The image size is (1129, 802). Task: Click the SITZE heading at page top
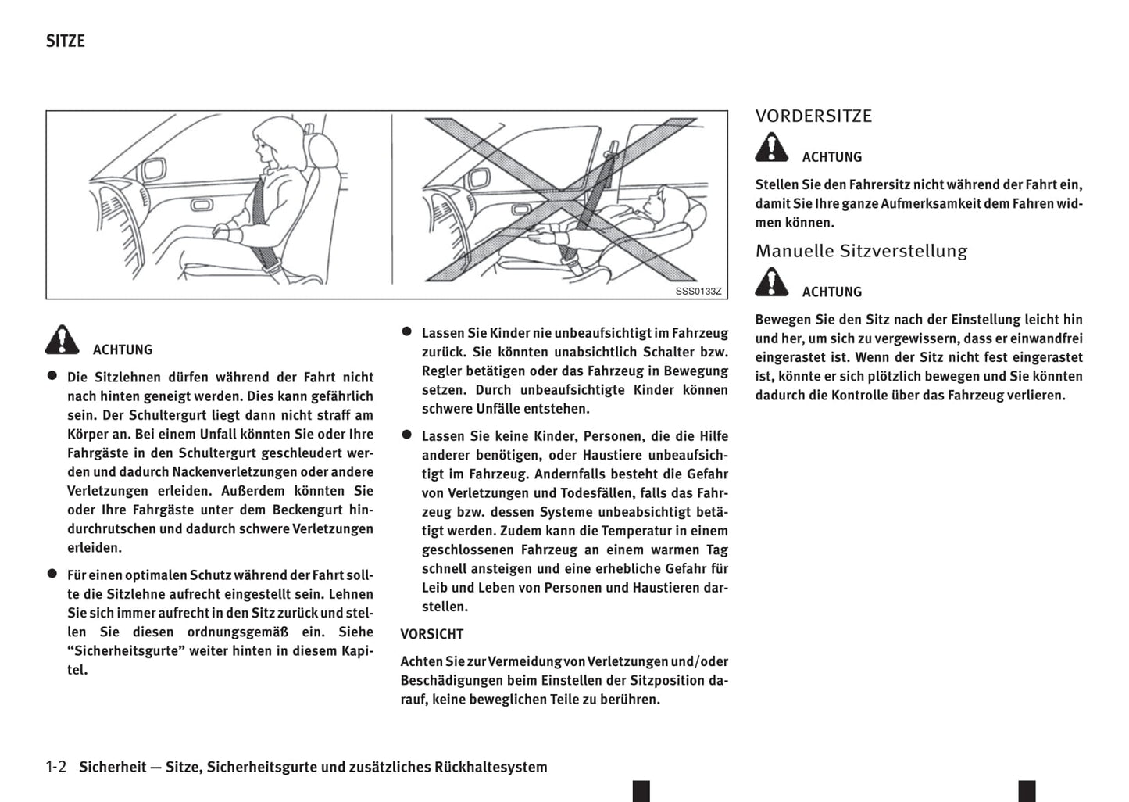(x=65, y=41)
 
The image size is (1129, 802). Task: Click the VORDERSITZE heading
(x=813, y=116)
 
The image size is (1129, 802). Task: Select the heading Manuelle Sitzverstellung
(x=861, y=251)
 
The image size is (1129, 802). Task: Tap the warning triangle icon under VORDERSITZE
(x=772, y=148)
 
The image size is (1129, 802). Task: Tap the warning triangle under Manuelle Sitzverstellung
(x=772, y=282)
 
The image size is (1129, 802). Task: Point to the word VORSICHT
(x=432, y=634)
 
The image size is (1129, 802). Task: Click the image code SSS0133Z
(x=698, y=292)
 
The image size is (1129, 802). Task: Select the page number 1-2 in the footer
(x=56, y=767)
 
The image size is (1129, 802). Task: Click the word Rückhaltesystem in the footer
(x=491, y=767)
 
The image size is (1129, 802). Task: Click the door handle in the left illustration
(x=201, y=205)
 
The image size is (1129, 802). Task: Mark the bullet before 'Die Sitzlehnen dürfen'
(x=52, y=376)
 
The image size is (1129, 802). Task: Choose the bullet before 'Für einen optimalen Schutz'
(x=52, y=574)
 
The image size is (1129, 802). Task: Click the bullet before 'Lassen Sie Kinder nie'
(x=406, y=331)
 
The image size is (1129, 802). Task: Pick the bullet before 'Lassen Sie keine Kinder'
(x=406, y=435)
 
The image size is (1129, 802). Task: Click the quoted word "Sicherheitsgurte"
(x=125, y=650)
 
